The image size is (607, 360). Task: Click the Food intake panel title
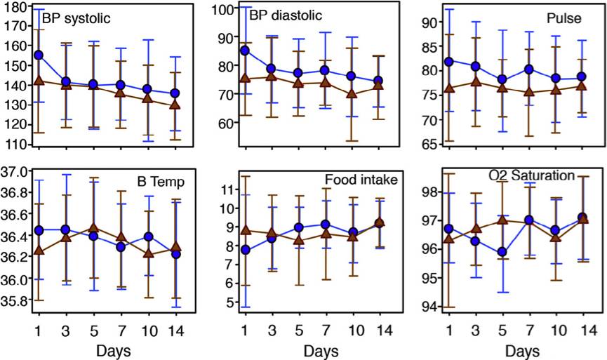point(361,180)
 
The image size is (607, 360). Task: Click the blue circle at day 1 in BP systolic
point(39,55)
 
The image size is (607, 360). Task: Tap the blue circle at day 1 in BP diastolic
point(245,51)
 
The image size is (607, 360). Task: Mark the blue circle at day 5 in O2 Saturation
point(501,252)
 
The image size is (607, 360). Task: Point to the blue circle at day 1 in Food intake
point(245,250)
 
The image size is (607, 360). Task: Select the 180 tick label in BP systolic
point(15,6)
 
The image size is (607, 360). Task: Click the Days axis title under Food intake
point(316,349)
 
